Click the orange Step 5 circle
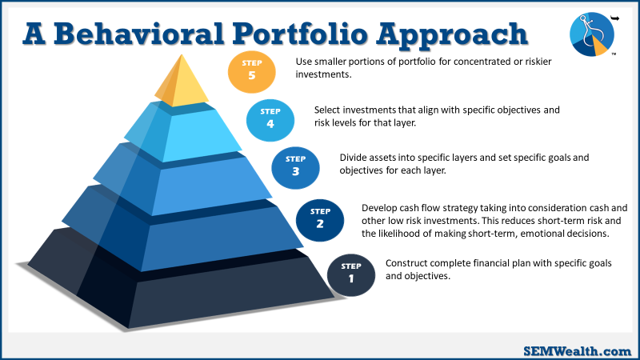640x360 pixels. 251,72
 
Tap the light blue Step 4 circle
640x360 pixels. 270,120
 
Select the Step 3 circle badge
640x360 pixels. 295,168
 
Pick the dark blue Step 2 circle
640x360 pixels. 320,220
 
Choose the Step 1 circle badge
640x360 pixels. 351,275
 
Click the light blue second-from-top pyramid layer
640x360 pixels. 184,131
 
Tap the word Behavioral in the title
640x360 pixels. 138,34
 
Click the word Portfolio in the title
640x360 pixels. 301,34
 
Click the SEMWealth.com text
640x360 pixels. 577,351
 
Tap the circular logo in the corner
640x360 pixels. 592,34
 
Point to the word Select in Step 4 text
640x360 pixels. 327,110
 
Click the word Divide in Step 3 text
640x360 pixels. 353,158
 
